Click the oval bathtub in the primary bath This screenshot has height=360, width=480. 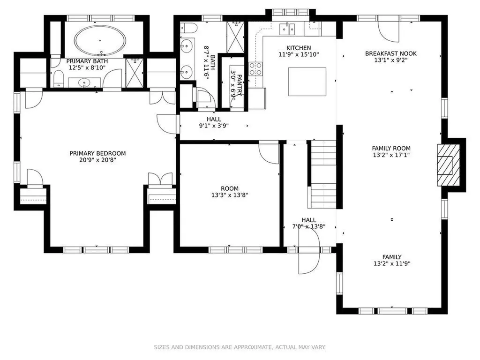click(100, 40)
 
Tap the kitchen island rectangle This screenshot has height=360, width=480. click(307, 82)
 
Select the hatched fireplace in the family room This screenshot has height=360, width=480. click(449, 165)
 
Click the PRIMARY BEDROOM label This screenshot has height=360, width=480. click(97, 153)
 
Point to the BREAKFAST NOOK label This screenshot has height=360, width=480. click(391, 53)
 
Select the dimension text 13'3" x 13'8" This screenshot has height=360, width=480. click(230, 195)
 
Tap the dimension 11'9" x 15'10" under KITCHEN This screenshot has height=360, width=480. click(299, 55)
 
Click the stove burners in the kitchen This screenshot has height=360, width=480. click(255, 69)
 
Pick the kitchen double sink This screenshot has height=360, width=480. click(287, 29)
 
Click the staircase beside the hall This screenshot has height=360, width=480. click(323, 174)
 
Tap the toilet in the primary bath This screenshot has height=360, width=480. click(58, 79)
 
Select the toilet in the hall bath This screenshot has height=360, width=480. click(188, 28)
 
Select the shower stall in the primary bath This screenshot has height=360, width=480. click(135, 73)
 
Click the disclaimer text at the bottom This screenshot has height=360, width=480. click(240, 347)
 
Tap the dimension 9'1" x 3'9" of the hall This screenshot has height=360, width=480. click(214, 126)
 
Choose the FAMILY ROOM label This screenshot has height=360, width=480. click(391, 149)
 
